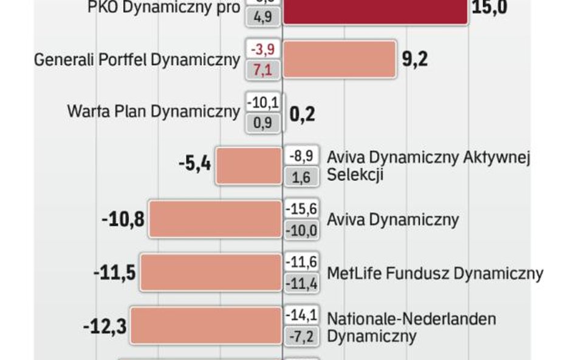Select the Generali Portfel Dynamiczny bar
tap(340, 59)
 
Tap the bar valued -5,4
tap(249, 166)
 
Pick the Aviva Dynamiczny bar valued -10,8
tap(216, 219)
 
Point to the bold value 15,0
tap(490, 8)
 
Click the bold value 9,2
tap(415, 59)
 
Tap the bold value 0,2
tap(302, 113)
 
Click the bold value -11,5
tap(114, 272)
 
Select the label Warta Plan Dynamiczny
tap(154, 112)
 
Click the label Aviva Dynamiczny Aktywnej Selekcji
tap(429, 166)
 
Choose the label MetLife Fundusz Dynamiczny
tap(435, 273)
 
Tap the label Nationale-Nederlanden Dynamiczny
tap(411, 327)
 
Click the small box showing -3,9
tap(262, 49)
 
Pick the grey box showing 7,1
tap(262, 69)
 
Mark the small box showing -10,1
tap(262, 102)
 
